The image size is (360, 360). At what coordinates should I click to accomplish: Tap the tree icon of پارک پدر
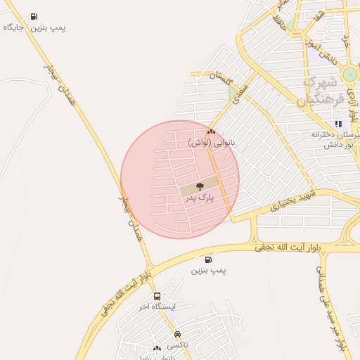pyautogui.click(x=200, y=186)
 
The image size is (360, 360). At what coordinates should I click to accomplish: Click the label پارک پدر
pyautogui.click(x=199, y=199)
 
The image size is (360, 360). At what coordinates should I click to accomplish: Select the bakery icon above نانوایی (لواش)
pyautogui.click(x=210, y=131)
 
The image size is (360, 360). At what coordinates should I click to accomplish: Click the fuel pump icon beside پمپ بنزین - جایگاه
pyautogui.click(x=34, y=16)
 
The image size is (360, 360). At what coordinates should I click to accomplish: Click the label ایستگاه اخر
pyautogui.click(x=156, y=307)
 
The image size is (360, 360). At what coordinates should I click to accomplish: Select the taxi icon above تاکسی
pyautogui.click(x=177, y=334)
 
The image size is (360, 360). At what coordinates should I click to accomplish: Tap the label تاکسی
pyautogui.click(x=177, y=345)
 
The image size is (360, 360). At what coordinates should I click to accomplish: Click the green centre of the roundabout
pyautogui.click(x=349, y=75)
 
